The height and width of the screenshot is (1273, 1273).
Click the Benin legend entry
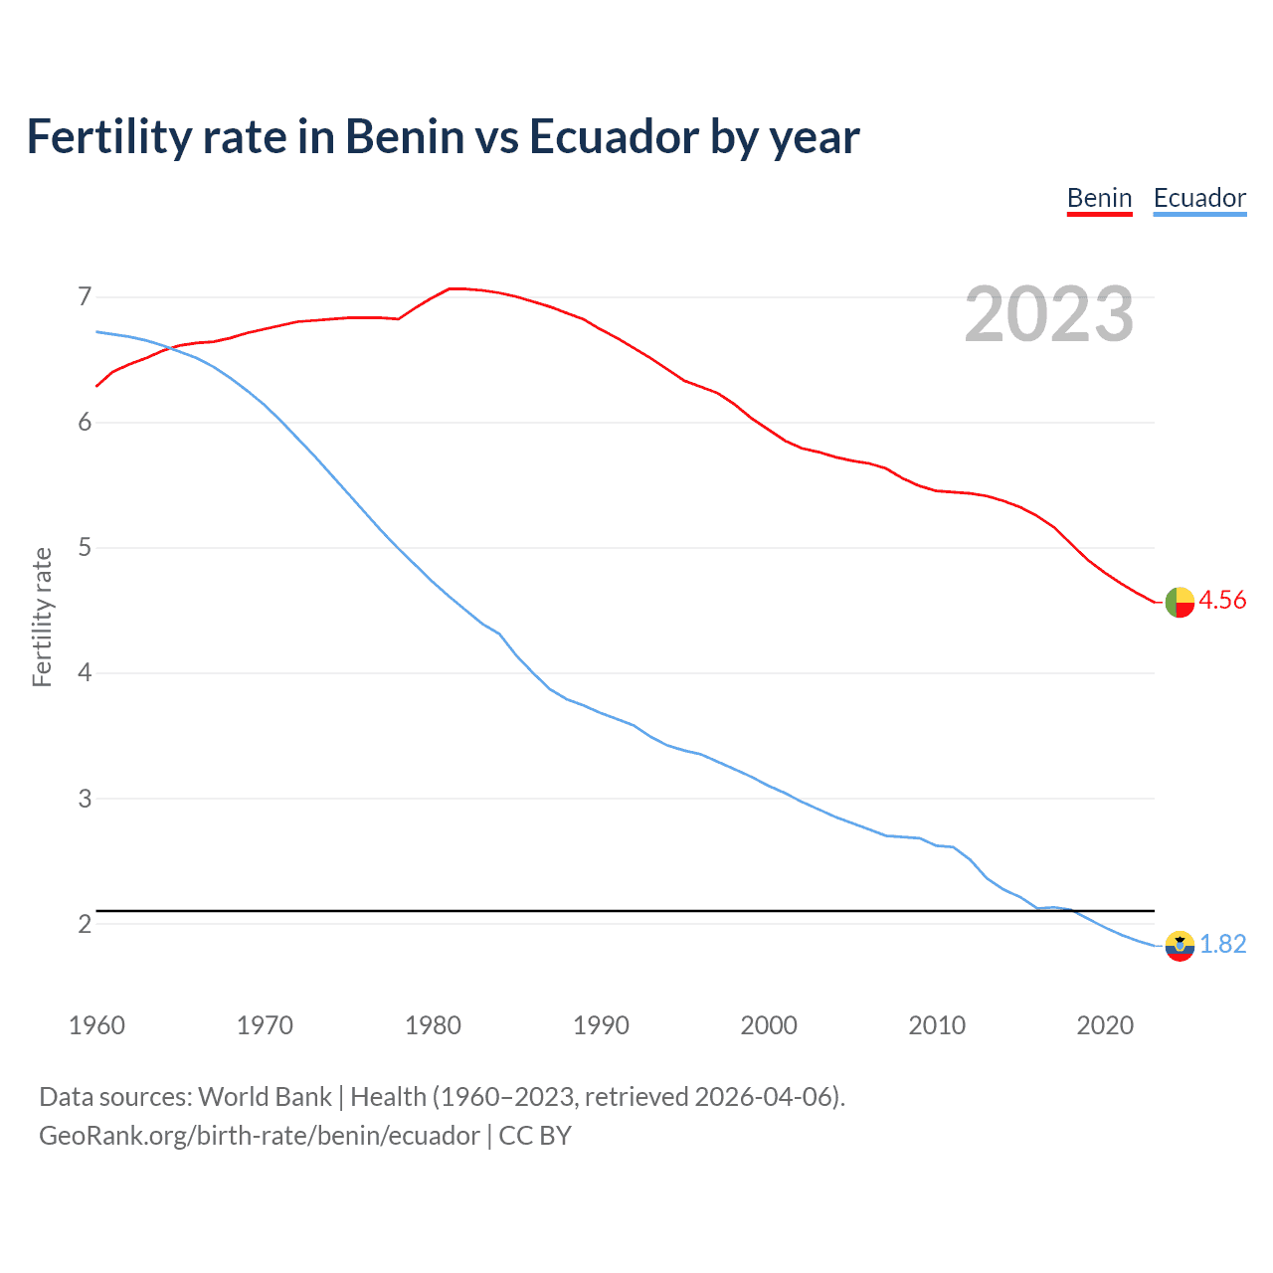pyautogui.click(x=1099, y=198)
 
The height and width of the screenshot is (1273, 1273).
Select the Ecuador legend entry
pyautogui.click(x=1199, y=198)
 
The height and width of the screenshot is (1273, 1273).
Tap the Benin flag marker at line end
pyautogui.click(x=1180, y=602)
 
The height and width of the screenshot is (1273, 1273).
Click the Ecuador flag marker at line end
pyautogui.click(x=1180, y=946)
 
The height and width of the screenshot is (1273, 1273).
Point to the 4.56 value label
pyautogui.click(x=1222, y=600)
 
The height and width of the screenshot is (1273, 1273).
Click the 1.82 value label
pyautogui.click(x=1222, y=944)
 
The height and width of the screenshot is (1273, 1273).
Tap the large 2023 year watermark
pyautogui.click(x=1049, y=314)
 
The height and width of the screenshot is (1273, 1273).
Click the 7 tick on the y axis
pyautogui.click(x=85, y=296)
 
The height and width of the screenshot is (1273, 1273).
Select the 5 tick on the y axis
pyautogui.click(x=85, y=547)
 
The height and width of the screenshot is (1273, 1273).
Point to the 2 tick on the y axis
pyautogui.click(x=85, y=924)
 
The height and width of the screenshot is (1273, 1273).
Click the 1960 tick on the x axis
pyautogui.click(x=96, y=1025)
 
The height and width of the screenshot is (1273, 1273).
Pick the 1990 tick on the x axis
pyautogui.click(x=601, y=1025)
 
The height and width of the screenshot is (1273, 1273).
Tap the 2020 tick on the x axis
pyautogui.click(x=1105, y=1025)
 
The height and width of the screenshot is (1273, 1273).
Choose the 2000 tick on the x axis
pyautogui.click(x=769, y=1025)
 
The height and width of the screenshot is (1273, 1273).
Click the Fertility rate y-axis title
pyautogui.click(x=42, y=617)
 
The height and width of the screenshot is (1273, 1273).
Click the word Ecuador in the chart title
pyautogui.click(x=614, y=136)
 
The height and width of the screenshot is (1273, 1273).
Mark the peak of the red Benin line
pyautogui.click(x=453, y=288)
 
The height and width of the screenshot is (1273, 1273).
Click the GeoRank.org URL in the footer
pyautogui.click(x=259, y=1136)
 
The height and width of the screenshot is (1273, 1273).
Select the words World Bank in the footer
pyautogui.click(x=265, y=1097)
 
